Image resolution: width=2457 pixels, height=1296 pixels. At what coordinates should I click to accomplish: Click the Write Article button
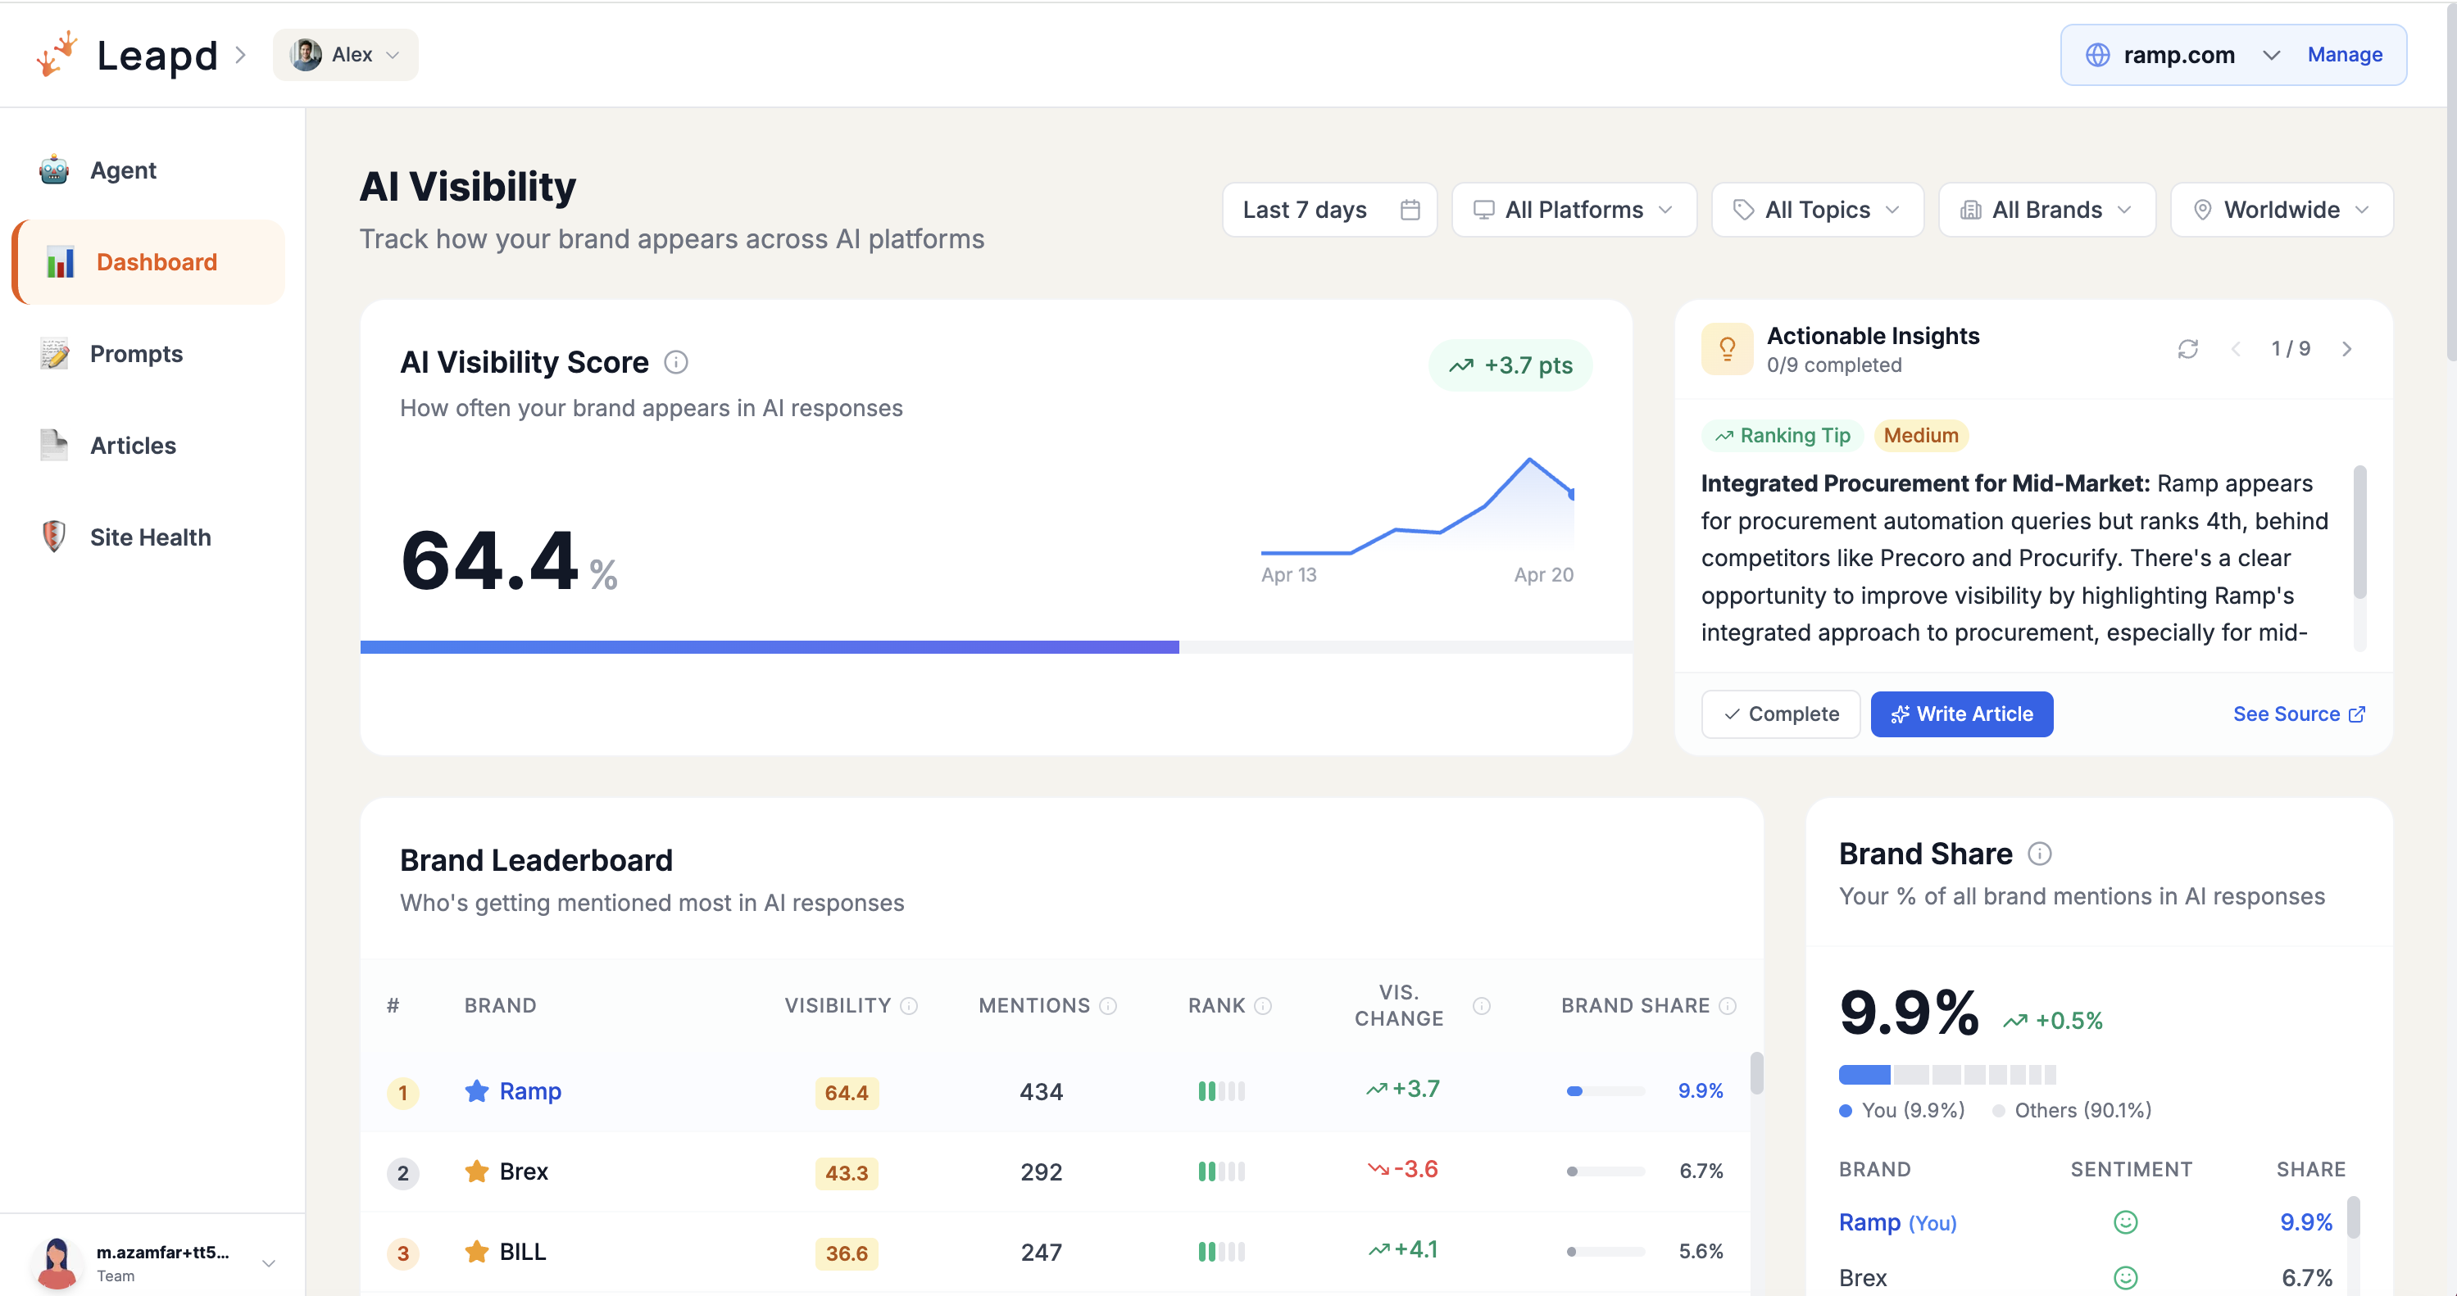coord(1961,714)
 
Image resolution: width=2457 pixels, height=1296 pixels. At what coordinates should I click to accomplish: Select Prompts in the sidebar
coord(135,354)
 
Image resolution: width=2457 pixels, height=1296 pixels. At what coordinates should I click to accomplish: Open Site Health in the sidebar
coord(150,537)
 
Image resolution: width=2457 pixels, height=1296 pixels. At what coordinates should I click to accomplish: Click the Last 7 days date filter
coord(1328,210)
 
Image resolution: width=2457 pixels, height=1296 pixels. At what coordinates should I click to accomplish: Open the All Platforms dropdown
coord(1574,210)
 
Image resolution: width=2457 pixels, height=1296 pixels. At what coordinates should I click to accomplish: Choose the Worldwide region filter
coord(2281,210)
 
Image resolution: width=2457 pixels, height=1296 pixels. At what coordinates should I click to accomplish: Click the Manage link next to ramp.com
coord(2344,54)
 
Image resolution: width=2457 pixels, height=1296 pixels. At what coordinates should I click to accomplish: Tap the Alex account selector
coord(345,54)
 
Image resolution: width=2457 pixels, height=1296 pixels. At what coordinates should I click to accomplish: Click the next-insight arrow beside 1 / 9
coord(2346,349)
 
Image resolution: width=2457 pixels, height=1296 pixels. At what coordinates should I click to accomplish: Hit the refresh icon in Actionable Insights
coord(2187,349)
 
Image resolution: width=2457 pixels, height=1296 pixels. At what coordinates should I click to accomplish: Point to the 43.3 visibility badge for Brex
coord(846,1172)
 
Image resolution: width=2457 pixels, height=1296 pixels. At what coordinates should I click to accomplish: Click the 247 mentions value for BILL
coord(1041,1252)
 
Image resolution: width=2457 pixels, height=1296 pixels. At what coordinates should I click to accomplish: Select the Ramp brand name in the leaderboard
coord(529,1091)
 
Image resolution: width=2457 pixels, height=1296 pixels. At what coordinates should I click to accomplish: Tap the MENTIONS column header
coord(1034,1005)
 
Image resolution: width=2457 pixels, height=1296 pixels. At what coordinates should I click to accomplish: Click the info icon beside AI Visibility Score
coord(675,362)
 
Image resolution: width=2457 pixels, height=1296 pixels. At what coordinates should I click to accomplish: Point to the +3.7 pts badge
coord(1510,365)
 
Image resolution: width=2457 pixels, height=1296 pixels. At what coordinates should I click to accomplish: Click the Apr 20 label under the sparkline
coord(1543,575)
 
